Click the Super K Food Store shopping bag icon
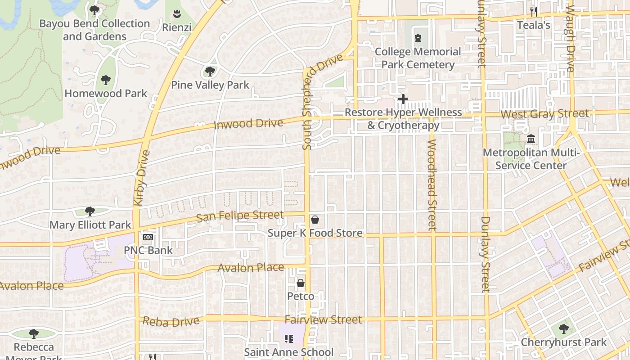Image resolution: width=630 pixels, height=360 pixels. (x=315, y=220)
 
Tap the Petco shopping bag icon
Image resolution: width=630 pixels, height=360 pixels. (x=301, y=283)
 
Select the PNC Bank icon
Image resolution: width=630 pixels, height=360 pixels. (x=148, y=237)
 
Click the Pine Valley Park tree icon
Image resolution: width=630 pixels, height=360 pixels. (x=210, y=72)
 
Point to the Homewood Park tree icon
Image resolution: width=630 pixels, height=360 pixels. (x=106, y=81)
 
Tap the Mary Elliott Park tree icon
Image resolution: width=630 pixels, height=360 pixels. (x=90, y=211)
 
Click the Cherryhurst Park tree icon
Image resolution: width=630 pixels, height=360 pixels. (x=563, y=329)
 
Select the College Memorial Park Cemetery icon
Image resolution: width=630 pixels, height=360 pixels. (x=418, y=38)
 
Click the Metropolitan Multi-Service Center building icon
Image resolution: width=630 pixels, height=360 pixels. (x=531, y=139)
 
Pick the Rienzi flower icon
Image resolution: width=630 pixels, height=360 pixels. (x=177, y=14)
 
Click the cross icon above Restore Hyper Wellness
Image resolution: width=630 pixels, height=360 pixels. (x=403, y=99)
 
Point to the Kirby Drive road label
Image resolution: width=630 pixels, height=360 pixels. (x=142, y=178)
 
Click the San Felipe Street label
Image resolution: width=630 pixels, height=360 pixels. (x=240, y=216)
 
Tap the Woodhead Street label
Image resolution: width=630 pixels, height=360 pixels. (x=432, y=184)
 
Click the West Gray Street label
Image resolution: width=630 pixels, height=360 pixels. (x=544, y=114)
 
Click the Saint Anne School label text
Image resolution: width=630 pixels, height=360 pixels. (x=288, y=352)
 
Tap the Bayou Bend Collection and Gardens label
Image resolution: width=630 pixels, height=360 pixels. (x=94, y=30)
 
